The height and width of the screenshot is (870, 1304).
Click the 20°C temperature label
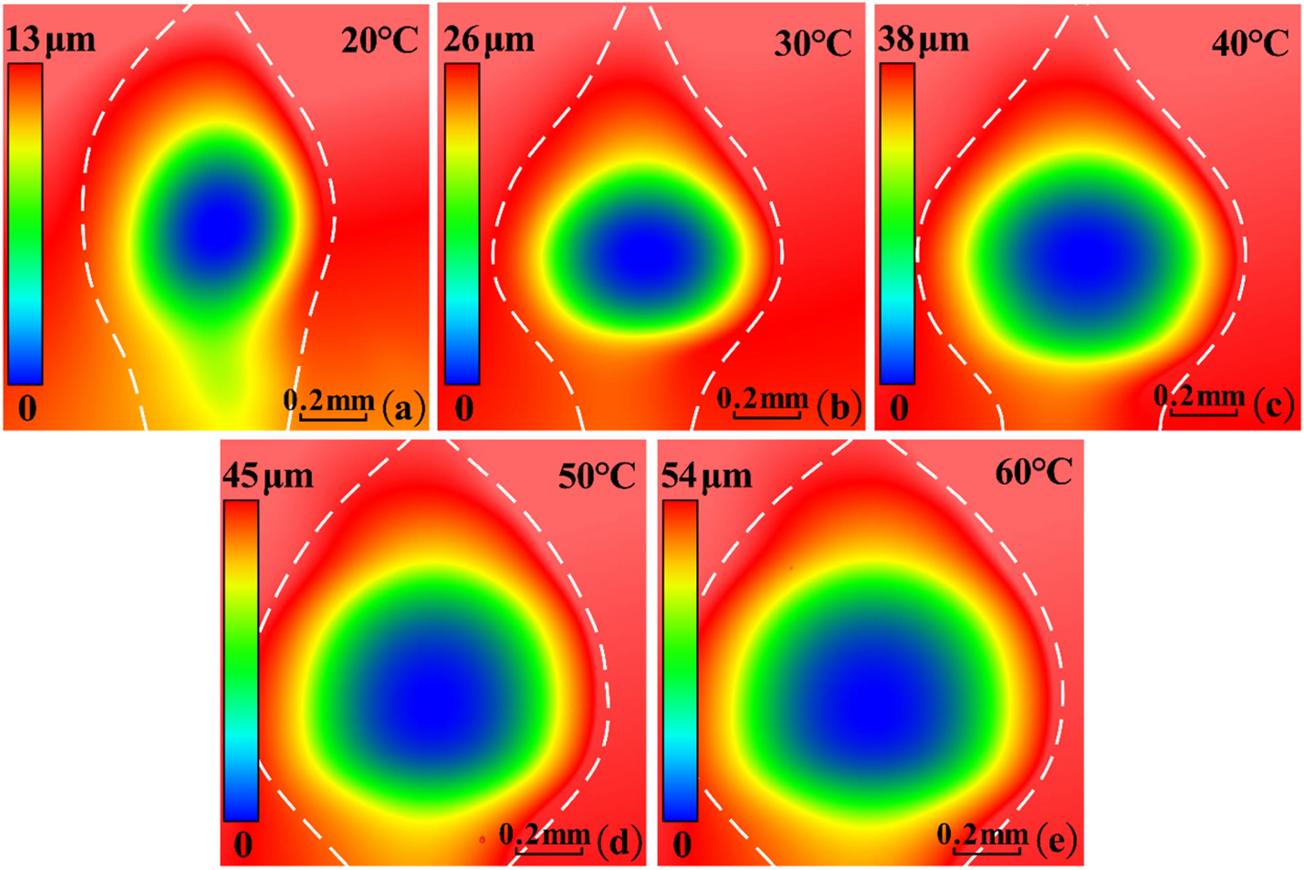point(380,40)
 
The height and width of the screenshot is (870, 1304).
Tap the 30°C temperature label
point(812,43)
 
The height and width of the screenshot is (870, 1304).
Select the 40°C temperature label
point(1250,43)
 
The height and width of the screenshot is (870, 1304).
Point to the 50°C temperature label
point(597,476)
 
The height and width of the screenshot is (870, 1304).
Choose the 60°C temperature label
point(1033,473)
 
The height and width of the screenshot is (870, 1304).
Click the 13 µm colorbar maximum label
point(51,40)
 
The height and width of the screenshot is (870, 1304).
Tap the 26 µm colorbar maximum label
point(488,40)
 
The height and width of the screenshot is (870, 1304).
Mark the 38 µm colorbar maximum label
point(923,40)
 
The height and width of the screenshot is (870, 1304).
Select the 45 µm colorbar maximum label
point(267,476)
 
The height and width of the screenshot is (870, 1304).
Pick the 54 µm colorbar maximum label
point(706,476)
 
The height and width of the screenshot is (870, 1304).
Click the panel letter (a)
point(403,407)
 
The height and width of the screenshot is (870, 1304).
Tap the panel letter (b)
point(839,407)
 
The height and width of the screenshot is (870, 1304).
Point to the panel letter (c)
point(1273,405)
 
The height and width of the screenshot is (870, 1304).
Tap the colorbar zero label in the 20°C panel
point(27,408)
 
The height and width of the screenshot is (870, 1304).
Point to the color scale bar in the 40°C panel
point(897,224)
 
